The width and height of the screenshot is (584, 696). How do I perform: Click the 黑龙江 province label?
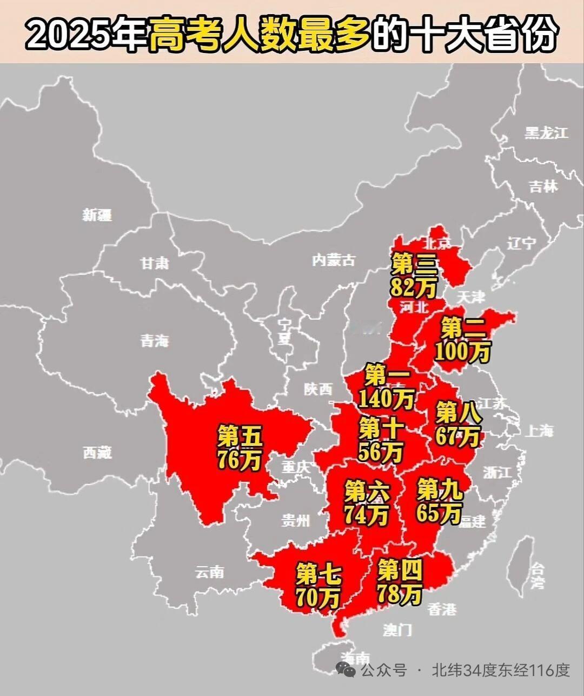pyautogui.click(x=547, y=133)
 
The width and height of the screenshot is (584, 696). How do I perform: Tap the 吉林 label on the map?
pyautogui.click(x=543, y=186)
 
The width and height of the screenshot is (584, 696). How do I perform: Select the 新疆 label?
pyautogui.click(x=97, y=215)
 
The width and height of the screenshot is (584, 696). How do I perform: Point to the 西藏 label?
pyautogui.click(x=97, y=452)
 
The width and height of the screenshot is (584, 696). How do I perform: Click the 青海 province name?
pyautogui.click(x=155, y=341)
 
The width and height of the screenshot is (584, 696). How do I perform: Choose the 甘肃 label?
pyautogui.click(x=155, y=263)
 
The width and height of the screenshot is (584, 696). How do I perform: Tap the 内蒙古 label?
pyautogui.click(x=334, y=260)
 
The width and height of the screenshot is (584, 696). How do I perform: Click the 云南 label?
pyautogui.click(x=209, y=572)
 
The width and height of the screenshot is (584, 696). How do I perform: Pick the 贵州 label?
pyautogui.click(x=296, y=520)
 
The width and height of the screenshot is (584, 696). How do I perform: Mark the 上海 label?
pyautogui.click(x=540, y=431)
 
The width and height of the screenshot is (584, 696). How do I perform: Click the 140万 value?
pyautogui.click(x=386, y=398)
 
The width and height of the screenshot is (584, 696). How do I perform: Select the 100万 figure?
pyautogui.click(x=462, y=352)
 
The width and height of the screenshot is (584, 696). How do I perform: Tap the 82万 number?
pyautogui.click(x=413, y=288)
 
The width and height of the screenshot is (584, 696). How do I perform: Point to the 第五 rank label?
pyautogui.click(x=240, y=436)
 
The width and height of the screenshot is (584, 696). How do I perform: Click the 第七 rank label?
pyautogui.click(x=318, y=573)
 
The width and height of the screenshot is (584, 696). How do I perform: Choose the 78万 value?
pyautogui.click(x=400, y=594)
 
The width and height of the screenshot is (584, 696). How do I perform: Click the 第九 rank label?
pyautogui.click(x=440, y=490)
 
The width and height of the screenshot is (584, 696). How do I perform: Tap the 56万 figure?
pyautogui.click(x=381, y=451)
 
